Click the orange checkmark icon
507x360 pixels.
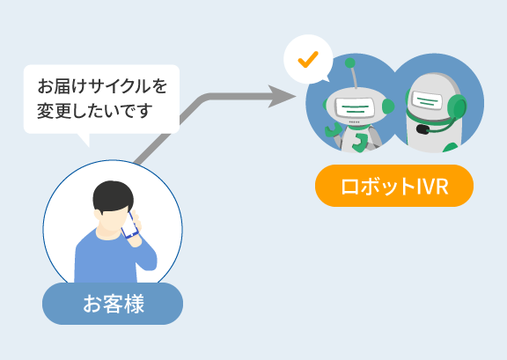[x=308, y=60]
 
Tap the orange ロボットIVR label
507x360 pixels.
[x=394, y=186]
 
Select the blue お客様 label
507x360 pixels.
[x=113, y=304]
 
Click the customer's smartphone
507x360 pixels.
[x=129, y=225]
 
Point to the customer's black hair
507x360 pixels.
[x=113, y=195]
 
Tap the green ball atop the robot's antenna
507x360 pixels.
[x=349, y=63]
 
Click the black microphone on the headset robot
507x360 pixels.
[x=422, y=129]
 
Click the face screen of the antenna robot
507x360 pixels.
[x=355, y=107]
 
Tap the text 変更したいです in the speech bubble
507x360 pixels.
[x=95, y=111]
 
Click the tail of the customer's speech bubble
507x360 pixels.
[x=84, y=139]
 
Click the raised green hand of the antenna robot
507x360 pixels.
[x=333, y=129]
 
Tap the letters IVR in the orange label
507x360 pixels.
[x=432, y=187]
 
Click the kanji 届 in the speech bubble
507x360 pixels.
[x=62, y=86]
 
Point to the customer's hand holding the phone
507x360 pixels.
[x=136, y=229]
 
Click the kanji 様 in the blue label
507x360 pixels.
[x=133, y=304]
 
